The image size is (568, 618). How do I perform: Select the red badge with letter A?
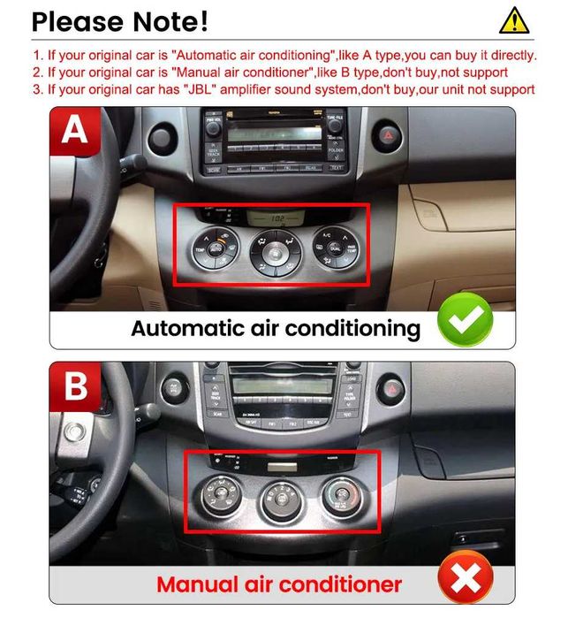pyautogui.click(x=75, y=132)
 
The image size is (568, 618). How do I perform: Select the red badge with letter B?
pyautogui.click(x=75, y=386)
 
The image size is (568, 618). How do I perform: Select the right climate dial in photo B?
pyautogui.click(x=340, y=496)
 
